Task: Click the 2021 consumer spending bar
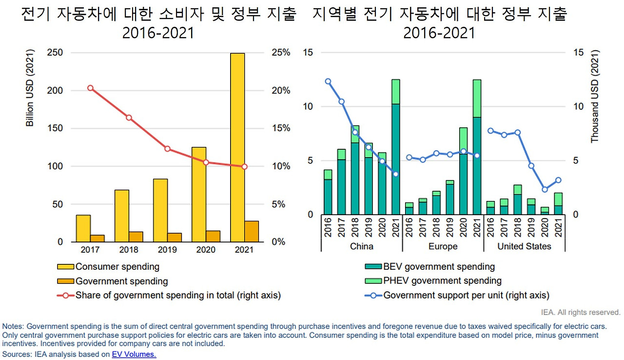[237, 146]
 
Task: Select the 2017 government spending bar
[97, 238]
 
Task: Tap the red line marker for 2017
[90, 88]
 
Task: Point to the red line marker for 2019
[167, 149]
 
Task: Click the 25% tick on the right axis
[280, 53]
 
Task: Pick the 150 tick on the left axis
[56, 128]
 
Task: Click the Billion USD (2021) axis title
[30, 88]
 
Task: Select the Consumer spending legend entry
[117, 267]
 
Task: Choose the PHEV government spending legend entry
[442, 280]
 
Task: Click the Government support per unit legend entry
[466, 295]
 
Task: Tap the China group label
[362, 246]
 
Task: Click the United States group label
[524, 246]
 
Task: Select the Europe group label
[443, 246]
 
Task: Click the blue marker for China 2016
[328, 81]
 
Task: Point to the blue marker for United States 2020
[545, 190]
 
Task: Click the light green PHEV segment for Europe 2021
[476, 98]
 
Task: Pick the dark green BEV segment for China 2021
[395, 159]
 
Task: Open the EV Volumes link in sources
[134, 355]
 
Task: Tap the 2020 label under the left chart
[206, 250]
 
